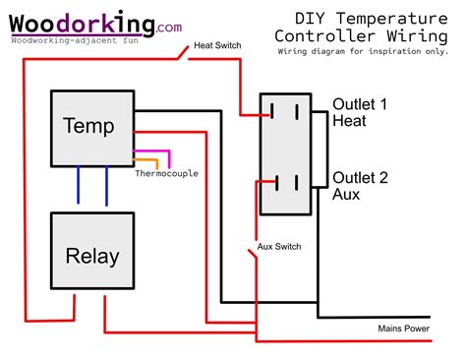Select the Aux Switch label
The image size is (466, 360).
click(x=278, y=246)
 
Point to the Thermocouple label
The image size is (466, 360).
click(x=166, y=174)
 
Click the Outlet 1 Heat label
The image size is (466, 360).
click(x=362, y=112)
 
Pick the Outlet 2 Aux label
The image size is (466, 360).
click(x=360, y=186)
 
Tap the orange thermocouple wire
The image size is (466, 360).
click(x=147, y=160)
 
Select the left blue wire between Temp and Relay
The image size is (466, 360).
click(x=81, y=185)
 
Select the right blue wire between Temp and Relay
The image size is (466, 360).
click(x=105, y=185)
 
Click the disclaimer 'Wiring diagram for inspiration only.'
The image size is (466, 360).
click(x=369, y=50)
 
